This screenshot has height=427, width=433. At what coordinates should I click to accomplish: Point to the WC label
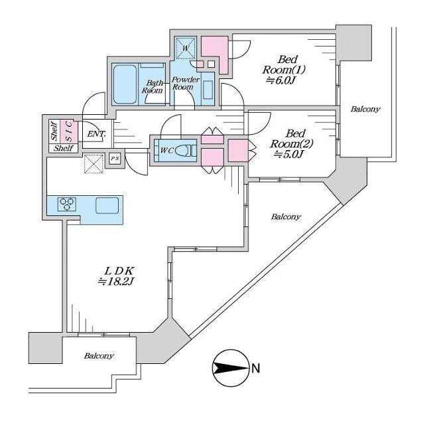(x=166, y=150)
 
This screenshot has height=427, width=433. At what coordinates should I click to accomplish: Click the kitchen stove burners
(x=67, y=205)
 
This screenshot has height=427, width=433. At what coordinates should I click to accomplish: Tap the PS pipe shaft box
(x=115, y=159)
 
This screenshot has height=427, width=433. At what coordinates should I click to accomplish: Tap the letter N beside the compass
(x=255, y=367)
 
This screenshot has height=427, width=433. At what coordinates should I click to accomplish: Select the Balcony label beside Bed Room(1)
(x=365, y=109)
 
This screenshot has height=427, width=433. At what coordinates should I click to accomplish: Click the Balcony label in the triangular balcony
(x=285, y=216)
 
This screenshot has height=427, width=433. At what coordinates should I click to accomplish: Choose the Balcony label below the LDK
(x=99, y=356)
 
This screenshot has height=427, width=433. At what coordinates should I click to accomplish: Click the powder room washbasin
(x=208, y=88)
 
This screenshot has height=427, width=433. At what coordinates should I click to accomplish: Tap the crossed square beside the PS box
(x=93, y=163)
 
